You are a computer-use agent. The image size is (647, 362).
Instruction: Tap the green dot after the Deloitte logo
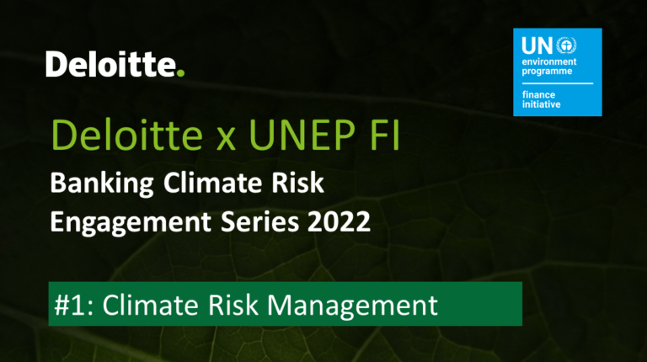[180, 72]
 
